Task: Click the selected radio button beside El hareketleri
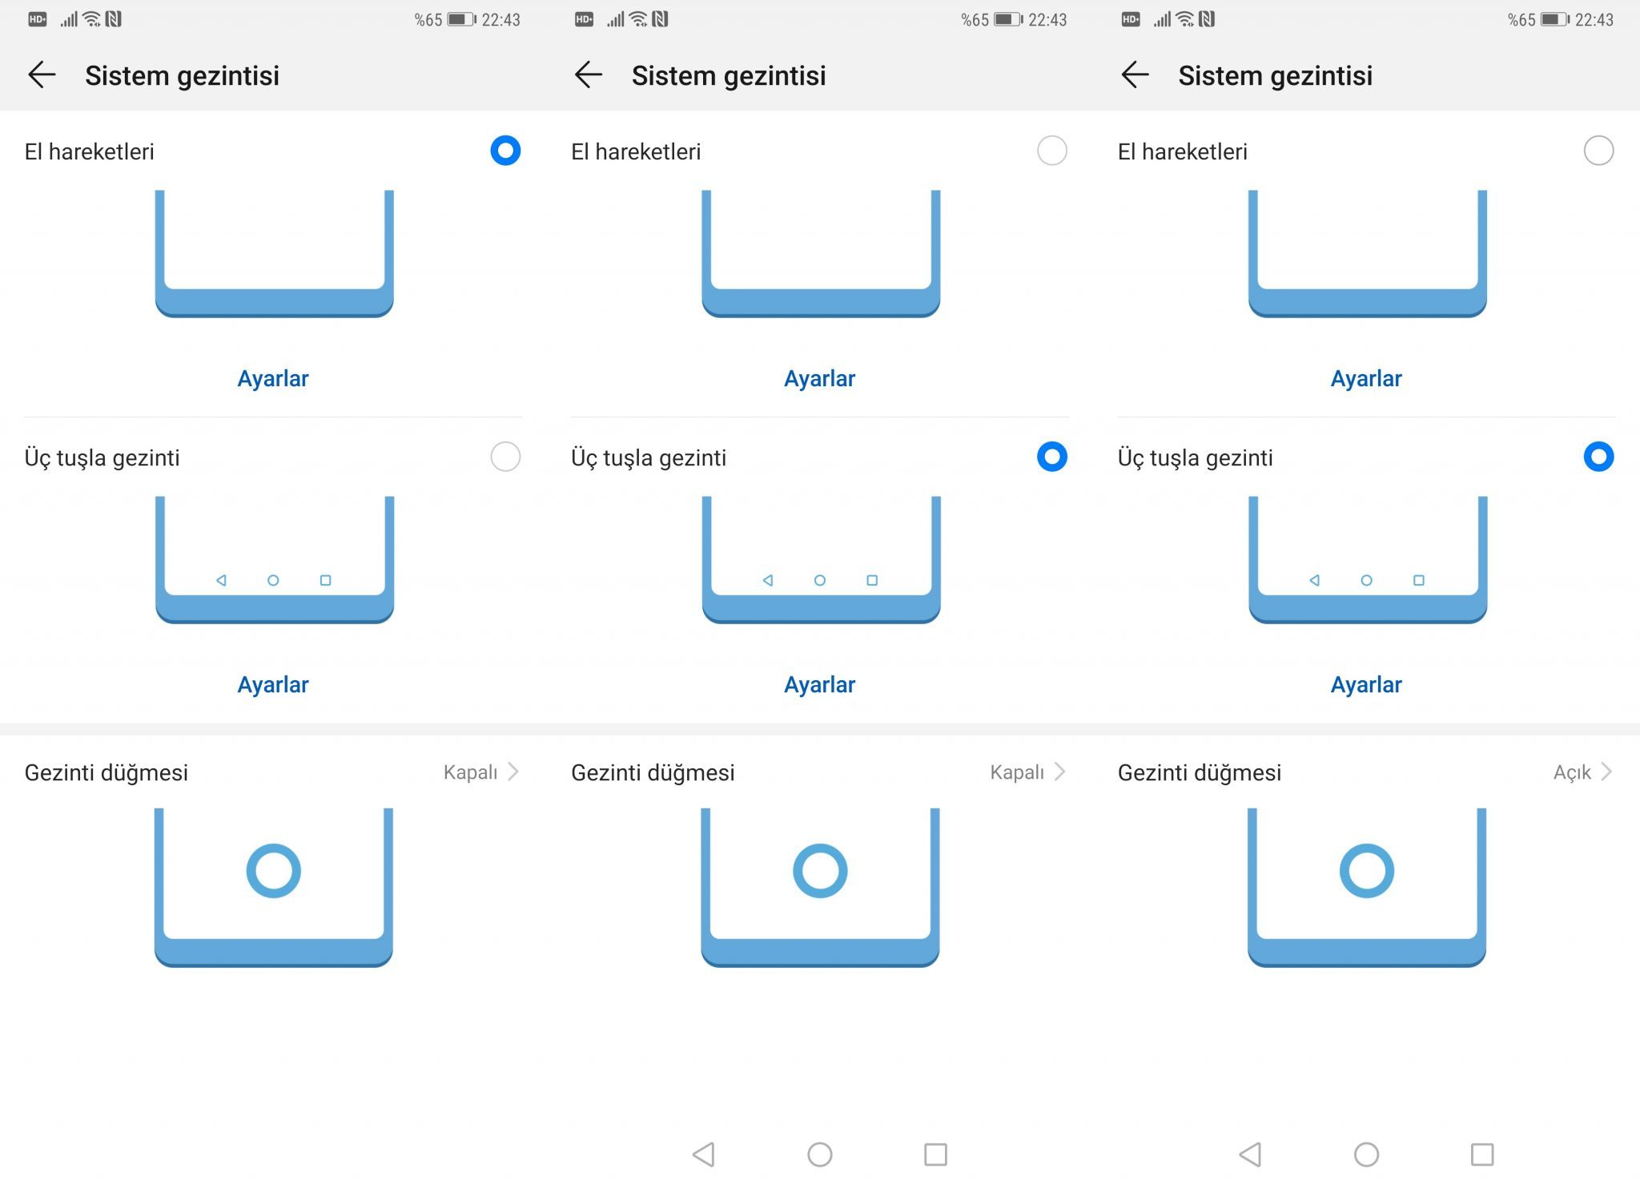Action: click(x=505, y=151)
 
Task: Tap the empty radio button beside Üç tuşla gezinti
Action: click(x=505, y=457)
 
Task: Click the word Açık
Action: click(x=1572, y=772)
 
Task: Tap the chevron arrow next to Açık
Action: click(x=1606, y=772)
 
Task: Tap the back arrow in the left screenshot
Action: click(x=42, y=75)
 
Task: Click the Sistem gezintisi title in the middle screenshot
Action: click(x=729, y=75)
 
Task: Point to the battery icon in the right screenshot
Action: click(x=1554, y=19)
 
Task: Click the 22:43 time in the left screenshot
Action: click(x=500, y=20)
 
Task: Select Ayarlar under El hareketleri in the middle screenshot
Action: click(x=819, y=378)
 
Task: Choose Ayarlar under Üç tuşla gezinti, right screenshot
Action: click(x=1366, y=684)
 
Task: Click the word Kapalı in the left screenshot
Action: click(x=470, y=772)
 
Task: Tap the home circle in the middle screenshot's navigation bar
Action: click(x=820, y=1155)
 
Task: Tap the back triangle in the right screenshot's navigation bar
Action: click(x=1250, y=1155)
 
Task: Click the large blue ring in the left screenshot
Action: click(x=273, y=844)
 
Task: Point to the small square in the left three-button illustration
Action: click(x=325, y=580)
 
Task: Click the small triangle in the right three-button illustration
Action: click(x=1314, y=580)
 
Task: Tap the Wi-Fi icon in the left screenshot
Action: click(x=92, y=19)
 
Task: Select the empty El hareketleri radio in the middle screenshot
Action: click(x=1052, y=151)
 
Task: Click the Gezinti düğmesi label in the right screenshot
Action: click(x=1200, y=773)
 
